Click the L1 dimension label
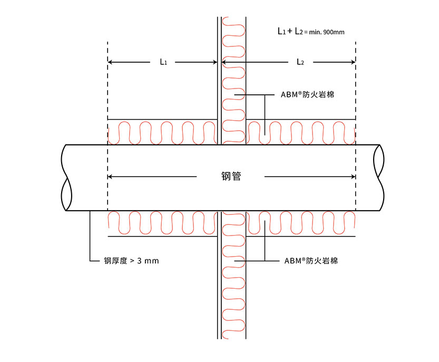point(163,62)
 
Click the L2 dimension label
point(300,62)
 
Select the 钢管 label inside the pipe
point(231,177)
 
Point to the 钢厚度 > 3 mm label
point(131,260)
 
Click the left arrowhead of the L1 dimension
point(110,62)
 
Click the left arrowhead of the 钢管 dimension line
point(110,177)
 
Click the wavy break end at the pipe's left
point(65,178)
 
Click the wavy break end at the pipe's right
point(377,178)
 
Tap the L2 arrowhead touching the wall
point(224,62)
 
